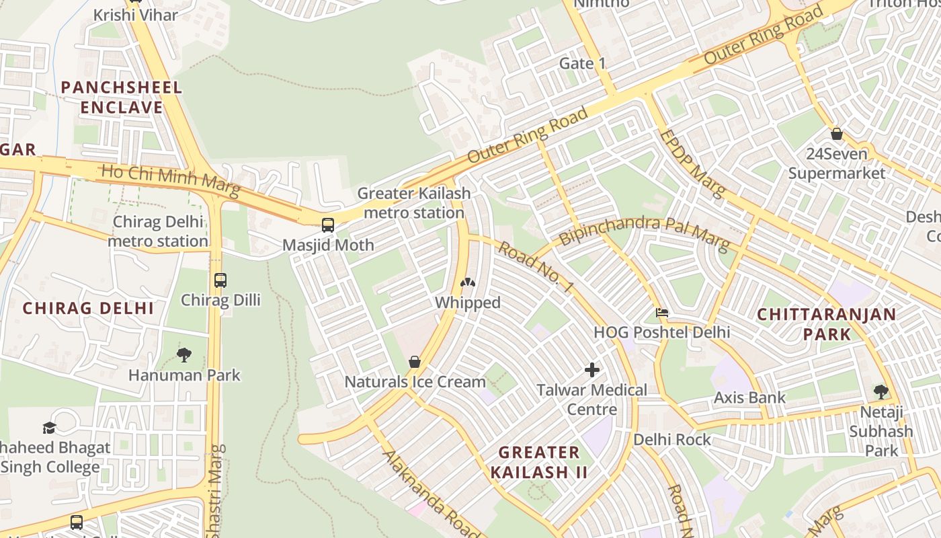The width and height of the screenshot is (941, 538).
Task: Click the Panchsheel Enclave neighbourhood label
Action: (121, 98)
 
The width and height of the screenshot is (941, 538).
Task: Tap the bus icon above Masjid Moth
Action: (328, 225)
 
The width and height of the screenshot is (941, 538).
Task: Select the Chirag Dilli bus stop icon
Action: (220, 280)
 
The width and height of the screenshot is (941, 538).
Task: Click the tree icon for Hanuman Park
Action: (183, 355)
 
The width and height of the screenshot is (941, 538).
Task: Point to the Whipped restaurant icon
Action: (467, 283)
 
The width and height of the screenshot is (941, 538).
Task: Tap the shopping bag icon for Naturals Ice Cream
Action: (415, 362)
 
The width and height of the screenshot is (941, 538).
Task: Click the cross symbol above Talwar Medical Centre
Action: (592, 370)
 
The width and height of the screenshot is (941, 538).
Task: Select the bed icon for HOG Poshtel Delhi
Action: (662, 313)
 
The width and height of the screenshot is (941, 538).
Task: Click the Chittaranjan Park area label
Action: (827, 324)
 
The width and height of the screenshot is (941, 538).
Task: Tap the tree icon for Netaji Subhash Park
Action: (881, 391)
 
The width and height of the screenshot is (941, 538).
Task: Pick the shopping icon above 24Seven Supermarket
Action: (836, 134)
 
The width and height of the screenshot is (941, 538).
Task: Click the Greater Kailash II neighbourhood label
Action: (539, 462)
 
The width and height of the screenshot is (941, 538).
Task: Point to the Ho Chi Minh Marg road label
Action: (170, 181)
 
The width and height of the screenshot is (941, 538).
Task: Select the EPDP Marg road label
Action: (692, 163)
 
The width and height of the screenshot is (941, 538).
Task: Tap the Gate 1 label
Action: (583, 63)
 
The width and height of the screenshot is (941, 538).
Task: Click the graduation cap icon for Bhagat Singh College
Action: (49, 428)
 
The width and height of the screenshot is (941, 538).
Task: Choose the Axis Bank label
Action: (749, 397)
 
